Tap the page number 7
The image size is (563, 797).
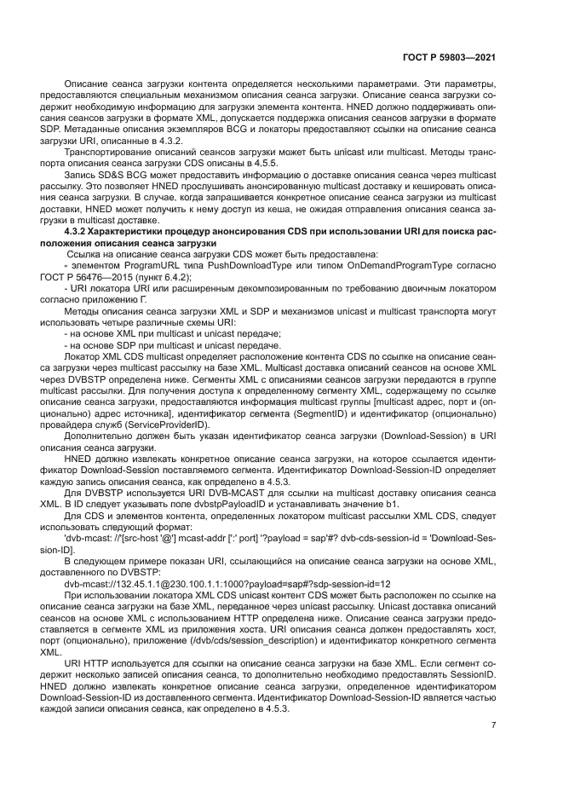494,725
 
